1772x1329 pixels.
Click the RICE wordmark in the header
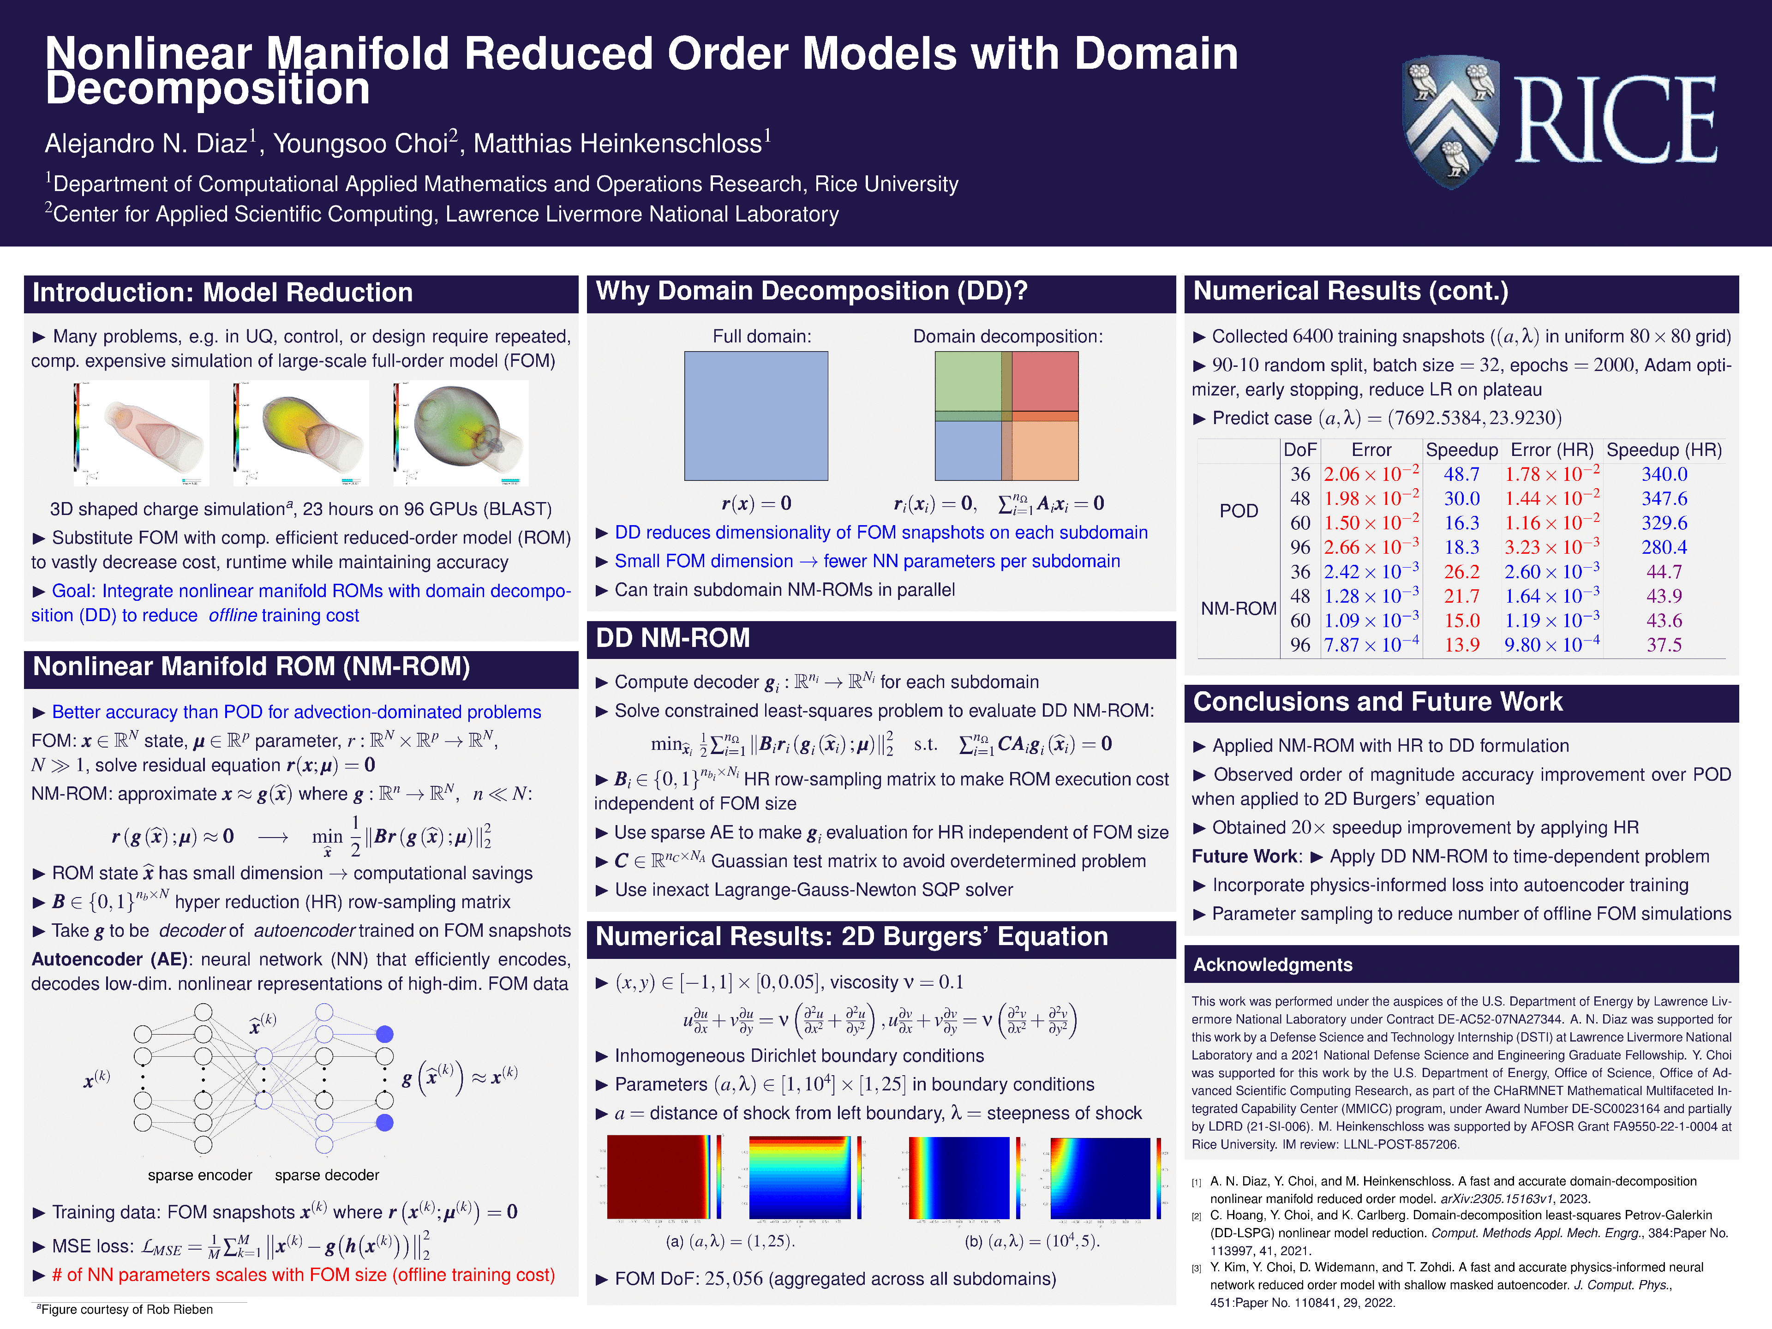point(1614,120)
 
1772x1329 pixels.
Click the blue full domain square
point(755,416)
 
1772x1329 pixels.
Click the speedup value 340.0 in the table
point(1664,474)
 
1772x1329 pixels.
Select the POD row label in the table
point(1239,511)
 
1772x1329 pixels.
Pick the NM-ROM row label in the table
point(1239,609)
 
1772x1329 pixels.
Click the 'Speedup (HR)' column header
point(1664,450)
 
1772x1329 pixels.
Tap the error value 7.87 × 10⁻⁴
point(1371,645)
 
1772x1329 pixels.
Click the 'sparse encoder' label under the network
point(199,1175)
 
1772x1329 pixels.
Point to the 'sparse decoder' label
point(327,1175)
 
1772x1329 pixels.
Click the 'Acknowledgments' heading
point(1272,964)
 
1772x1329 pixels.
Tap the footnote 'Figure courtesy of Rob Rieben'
point(126,1310)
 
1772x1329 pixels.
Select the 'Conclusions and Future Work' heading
point(1377,702)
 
